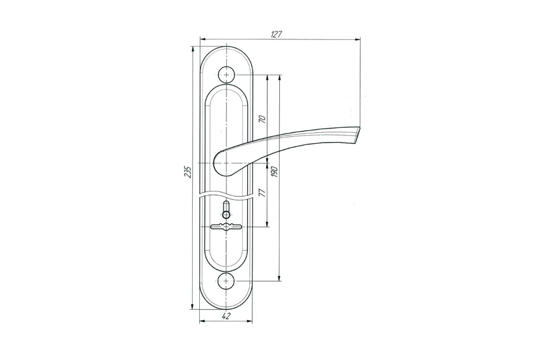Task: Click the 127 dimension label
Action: [x=276, y=35]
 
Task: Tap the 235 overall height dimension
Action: [x=188, y=172]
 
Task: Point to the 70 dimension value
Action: [x=263, y=119]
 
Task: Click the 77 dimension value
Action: [x=263, y=193]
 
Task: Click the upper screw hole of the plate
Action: [x=226, y=75]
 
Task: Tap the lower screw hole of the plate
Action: [x=226, y=281]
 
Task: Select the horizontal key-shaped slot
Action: [x=226, y=227]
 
